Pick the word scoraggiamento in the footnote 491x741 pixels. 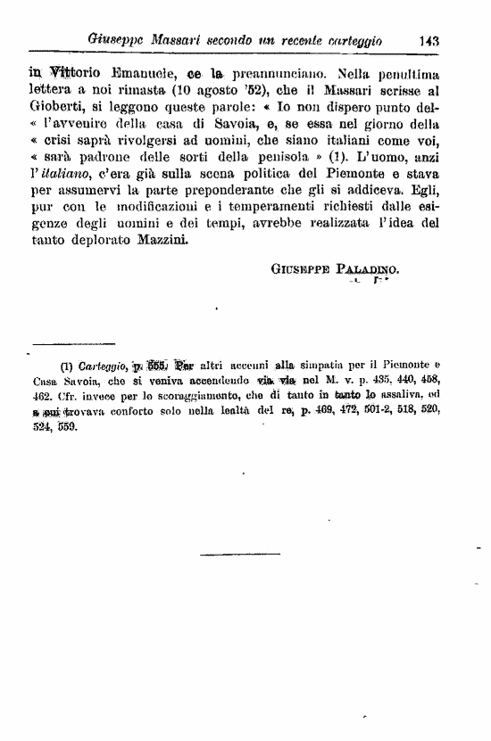(218, 396)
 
